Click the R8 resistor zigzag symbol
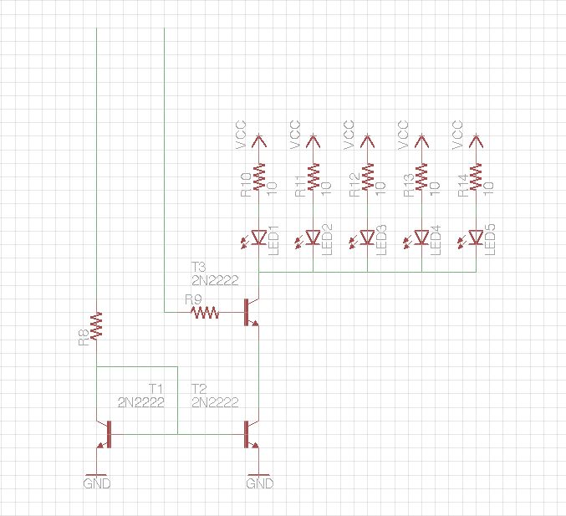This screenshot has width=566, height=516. [96, 326]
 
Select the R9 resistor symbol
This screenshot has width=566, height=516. [205, 312]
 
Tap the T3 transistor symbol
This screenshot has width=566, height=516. [252, 312]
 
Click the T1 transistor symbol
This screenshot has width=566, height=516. [104, 434]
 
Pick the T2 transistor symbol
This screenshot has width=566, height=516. [252, 434]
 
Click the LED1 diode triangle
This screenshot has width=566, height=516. [259, 238]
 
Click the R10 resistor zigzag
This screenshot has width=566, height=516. [259, 176]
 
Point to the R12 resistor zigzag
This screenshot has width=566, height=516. [368, 176]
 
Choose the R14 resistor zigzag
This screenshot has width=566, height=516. [476, 176]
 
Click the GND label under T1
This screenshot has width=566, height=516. [97, 483]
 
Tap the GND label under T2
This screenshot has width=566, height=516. [260, 483]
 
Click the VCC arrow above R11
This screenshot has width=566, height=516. [313, 140]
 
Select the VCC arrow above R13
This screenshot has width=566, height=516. [421, 140]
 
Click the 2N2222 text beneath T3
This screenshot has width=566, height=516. [215, 280]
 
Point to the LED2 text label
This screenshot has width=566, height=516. [327, 240]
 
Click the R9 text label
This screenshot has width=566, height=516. [193, 299]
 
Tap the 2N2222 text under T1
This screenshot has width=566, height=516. [141, 402]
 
